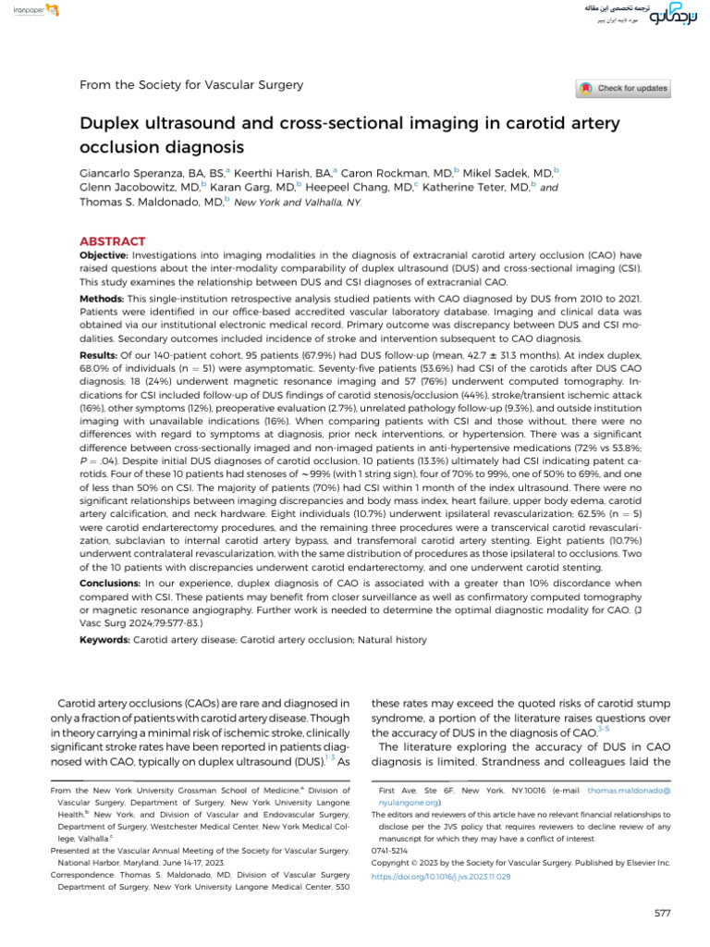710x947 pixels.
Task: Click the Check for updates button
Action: tap(622, 89)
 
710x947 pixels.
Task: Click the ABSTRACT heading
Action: tap(112, 240)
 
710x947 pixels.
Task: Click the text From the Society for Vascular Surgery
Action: tap(191, 85)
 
